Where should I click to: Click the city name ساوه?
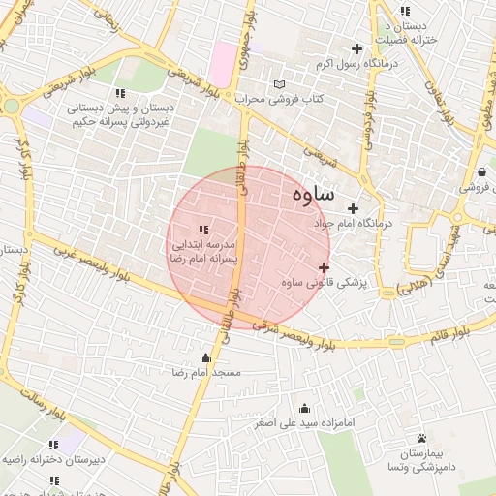[x=312, y=194]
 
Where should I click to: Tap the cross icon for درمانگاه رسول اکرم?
[x=357, y=48]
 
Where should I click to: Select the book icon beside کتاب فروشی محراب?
[x=280, y=84]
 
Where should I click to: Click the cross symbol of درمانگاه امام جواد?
[x=353, y=208]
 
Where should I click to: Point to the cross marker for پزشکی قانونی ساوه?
[x=324, y=267]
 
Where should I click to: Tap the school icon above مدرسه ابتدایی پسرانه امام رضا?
[x=202, y=230]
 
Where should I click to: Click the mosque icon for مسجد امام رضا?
[x=204, y=358]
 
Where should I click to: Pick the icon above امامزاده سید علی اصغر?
[x=305, y=408]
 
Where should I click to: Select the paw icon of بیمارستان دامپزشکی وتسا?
[x=421, y=438]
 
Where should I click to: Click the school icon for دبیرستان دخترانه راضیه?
[x=54, y=445]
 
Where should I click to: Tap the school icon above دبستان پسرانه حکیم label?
[x=120, y=93]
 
